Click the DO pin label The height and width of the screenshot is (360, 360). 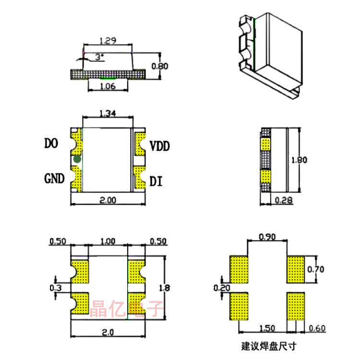pos(51,143)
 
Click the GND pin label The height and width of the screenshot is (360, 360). pos(54,179)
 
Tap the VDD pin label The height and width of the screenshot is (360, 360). pos(160,146)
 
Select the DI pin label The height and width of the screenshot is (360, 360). pos(156,181)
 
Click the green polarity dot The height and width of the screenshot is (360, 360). pos(77,159)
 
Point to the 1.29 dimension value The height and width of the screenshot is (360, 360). pos(108,41)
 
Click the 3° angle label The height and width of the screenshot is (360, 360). pos(99,57)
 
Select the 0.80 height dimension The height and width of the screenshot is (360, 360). pos(160,66)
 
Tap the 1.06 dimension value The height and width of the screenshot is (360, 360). pos(108,86)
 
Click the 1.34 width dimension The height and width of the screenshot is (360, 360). pos(108,113)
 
